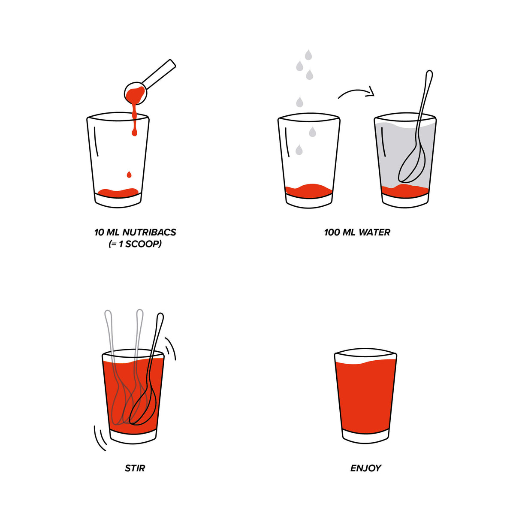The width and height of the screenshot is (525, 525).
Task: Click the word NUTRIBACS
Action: [149, 232]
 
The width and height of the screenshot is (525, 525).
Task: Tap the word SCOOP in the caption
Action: [142, 244]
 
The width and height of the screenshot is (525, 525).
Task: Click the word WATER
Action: [374, 232]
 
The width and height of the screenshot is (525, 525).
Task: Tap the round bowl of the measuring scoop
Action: [136, 93]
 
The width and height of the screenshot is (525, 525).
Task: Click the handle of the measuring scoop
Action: [161, 72]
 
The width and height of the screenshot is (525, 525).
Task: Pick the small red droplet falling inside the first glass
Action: [129, 175]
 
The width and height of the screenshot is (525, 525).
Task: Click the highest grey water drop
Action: [308, 55]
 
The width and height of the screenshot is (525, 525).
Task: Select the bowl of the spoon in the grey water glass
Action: [412, 166]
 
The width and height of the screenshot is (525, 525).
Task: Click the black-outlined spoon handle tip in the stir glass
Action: [160, 317]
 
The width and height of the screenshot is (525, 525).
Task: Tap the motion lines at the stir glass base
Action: [100, 438]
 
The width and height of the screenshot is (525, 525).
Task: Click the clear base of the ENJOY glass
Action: [365, 435]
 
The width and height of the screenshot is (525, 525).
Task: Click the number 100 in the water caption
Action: [332, 232]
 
